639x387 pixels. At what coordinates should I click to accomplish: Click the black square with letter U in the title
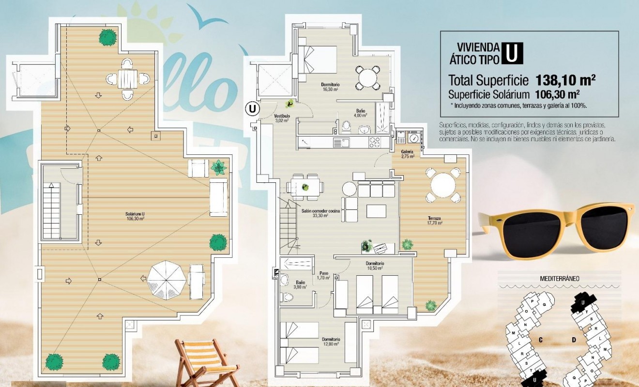512,53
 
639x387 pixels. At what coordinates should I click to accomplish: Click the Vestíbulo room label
282,119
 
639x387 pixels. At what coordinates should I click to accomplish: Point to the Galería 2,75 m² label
407,154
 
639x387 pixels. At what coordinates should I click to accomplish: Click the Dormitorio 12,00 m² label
331,342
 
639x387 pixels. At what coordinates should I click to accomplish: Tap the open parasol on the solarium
166,280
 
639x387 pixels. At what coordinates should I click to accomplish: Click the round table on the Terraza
443,185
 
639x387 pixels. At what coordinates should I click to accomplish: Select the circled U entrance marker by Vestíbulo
252,108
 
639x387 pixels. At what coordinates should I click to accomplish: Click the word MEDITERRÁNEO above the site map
560,279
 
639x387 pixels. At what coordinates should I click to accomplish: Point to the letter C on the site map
540,340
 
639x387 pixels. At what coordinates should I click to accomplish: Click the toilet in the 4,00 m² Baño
346,127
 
